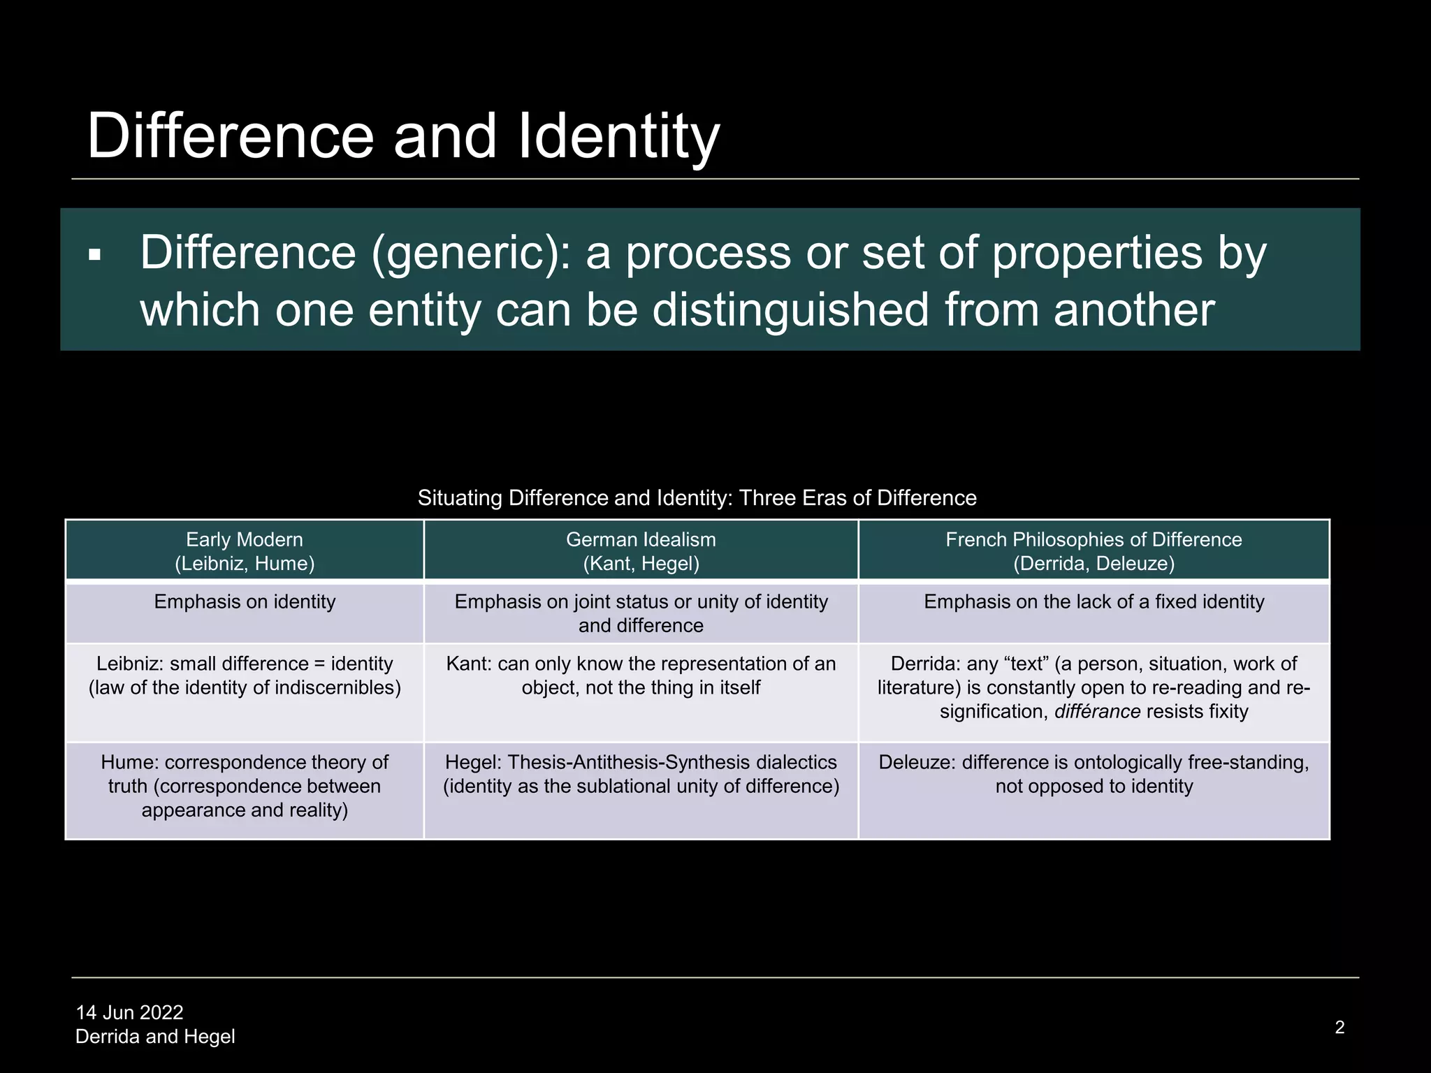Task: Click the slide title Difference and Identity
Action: coord(403,136)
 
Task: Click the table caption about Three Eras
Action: coord(697,498)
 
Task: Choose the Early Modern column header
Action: coord(245,551)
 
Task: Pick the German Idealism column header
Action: coord(641,551)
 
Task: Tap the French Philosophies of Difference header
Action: coord(1094,551)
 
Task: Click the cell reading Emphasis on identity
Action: coord(245,602)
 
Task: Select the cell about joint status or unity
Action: coord(641,613)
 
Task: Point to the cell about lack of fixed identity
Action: coord(1094,602)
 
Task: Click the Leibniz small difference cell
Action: coord(245,676)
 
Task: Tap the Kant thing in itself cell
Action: coord(641,676)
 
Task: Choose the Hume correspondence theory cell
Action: coord(245,786)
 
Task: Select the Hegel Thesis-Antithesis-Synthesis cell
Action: coord(641,774)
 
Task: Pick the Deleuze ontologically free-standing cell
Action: coord(1094,774)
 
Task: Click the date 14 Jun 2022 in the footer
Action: coord(129,1012)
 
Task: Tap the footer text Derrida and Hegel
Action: coord(155,1037)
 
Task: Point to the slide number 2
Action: coord(1339,1027)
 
